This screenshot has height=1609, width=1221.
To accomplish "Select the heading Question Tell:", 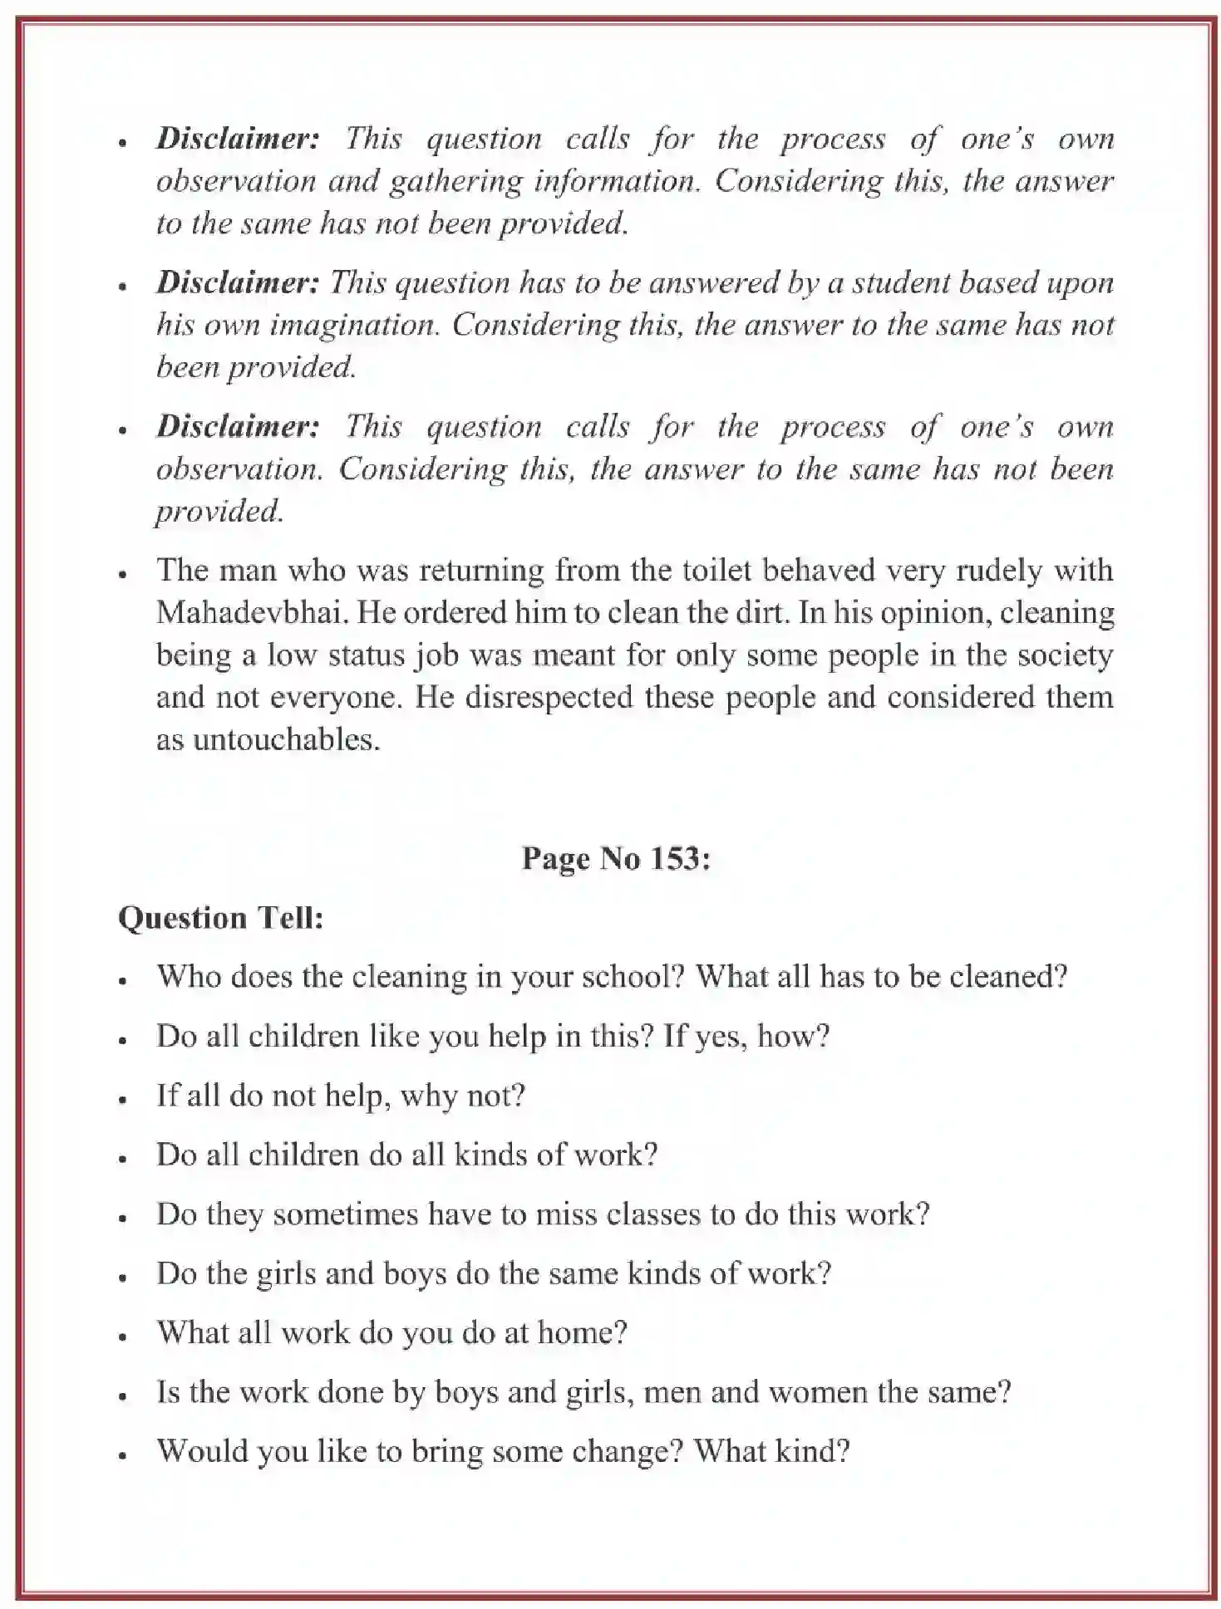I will (220, 918).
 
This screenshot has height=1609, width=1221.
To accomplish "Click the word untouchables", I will (268, 739).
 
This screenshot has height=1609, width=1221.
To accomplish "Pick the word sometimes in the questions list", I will (345, 1214).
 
